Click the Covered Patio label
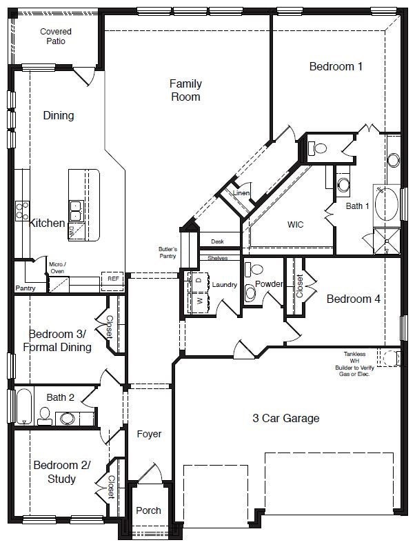(x=56, y=36)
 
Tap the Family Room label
(x=185, y=90)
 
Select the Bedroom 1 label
(x=336, y=66)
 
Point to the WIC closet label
(x=295, y=224)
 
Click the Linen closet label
(x=241, y=193)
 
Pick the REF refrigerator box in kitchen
(x=112, y=279)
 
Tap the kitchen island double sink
(x=76, y=206)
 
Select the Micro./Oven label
(x=57, y=267)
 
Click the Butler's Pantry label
(x=168, y=252)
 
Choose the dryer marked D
(x=199, y=280)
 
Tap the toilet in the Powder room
(x=250, y=293)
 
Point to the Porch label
(x=148, y=510)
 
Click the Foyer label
(x=149, y=434)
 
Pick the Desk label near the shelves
(x=218, y=241)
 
